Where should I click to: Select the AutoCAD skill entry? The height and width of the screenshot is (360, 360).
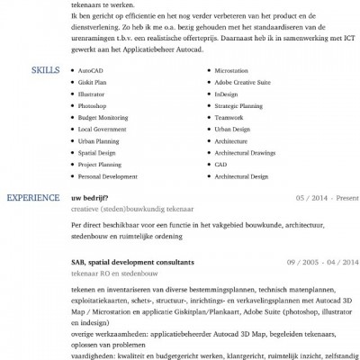point(91,68)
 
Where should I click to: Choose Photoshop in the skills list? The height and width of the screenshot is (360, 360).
point(93,104)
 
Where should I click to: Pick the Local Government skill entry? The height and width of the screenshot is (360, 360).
point(103,129)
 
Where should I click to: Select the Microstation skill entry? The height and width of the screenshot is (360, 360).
point(231,68)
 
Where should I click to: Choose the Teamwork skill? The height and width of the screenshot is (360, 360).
point(229,116)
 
